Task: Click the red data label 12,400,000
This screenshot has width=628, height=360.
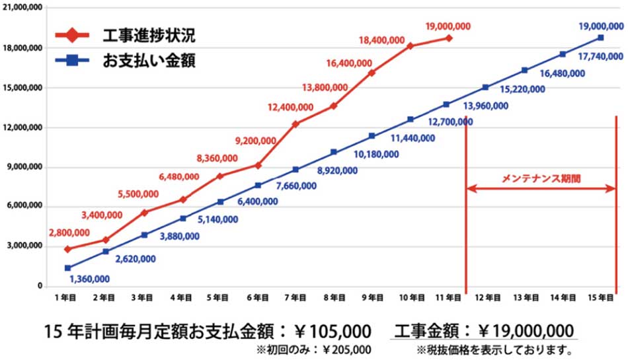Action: tap(290, 107)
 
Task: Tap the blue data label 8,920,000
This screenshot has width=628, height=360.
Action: tap(337, 170)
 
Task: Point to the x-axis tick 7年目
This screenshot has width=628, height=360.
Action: tap(295, 299)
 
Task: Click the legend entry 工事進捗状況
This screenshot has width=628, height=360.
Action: tap(149, 34)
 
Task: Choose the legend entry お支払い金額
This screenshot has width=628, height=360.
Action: tap(149, 61)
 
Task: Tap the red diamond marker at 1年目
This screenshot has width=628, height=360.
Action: tap(67, 249)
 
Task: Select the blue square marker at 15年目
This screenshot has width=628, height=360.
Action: tap(600, 38)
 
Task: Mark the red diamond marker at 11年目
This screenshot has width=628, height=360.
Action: tap(449, 38)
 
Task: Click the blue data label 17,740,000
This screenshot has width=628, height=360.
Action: tap(600, 57)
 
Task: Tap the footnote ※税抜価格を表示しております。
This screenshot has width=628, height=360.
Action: tap(494, 349)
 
